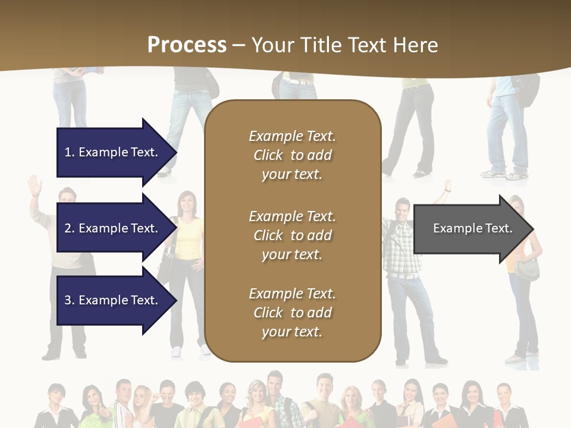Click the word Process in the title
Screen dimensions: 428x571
pos(187,45)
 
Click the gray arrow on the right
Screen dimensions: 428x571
pos(470,229)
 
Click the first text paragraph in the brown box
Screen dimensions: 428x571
pos(292,155)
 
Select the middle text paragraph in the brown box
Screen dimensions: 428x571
pos(292,235)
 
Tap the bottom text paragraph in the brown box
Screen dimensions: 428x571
pos(292,313)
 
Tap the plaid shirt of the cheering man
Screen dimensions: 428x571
pos(402,250)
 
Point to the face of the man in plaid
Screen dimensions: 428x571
pos(403,209)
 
